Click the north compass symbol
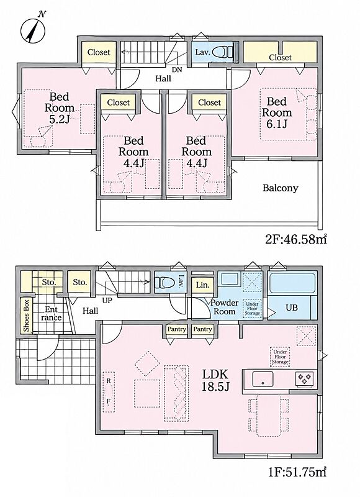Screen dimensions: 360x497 tap(33, 28)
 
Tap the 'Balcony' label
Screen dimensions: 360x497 tap(281, 188)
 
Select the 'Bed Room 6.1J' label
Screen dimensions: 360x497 tap(277, 112)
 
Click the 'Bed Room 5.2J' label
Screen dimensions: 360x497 tap(60, 107)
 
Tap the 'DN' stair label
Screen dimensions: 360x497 tap(178, 70)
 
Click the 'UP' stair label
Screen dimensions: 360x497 tap(107, 300)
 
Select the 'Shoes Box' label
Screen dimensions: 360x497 tap(26, 316)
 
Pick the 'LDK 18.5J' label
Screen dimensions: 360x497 tap(215, 380)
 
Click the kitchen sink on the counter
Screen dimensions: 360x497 tap(263, 379)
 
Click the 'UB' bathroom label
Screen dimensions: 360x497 tap(292, 307)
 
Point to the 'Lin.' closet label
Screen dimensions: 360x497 tap(202, 285)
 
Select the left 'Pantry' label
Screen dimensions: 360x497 tap(177, 329)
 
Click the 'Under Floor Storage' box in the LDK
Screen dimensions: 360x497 tap(280, 357)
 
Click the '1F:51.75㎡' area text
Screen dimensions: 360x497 tap(295, 472)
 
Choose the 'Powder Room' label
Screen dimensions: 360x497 tap(224, 307)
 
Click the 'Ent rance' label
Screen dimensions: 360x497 tap(52, 314)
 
